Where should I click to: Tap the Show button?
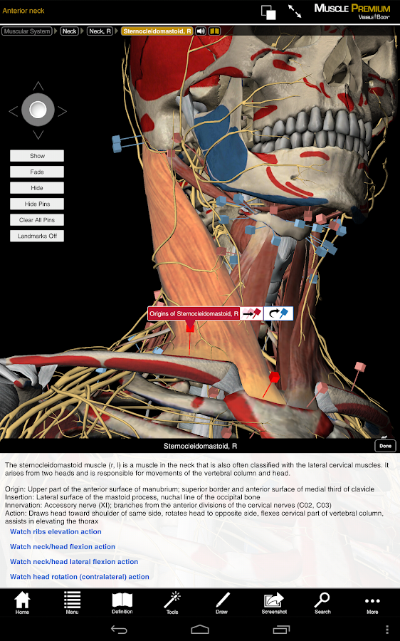tap(37, 156)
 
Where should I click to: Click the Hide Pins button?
tap(37, 204)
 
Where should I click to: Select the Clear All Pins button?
tap(37, 220)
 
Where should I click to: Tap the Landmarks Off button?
tap(37, 236)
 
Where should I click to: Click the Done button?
tap(385, 446)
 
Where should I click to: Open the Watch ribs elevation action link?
tap(56, 532)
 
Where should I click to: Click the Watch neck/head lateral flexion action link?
tap(74, 562)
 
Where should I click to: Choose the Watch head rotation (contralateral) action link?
tap(79, 577)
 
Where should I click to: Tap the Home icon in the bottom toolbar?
tap(22, 603)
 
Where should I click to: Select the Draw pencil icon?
tap(222, 603)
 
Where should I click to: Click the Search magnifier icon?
tap(322, 603)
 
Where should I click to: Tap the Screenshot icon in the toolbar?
tap(274, 603)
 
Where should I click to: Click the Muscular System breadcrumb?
tap(27, 31)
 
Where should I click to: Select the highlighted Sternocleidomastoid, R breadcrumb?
tap(157, 31)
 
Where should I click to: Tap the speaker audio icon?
tap(201, 31)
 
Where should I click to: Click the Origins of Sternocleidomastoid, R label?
tap(194, 314)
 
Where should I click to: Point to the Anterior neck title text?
tap(23, 11)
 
